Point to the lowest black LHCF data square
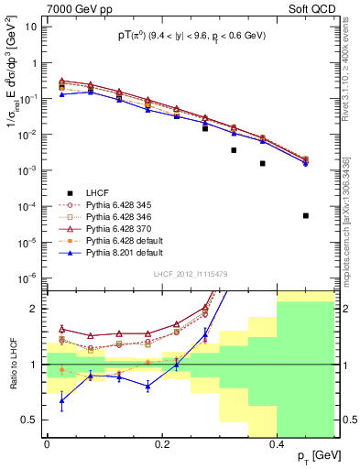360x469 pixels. [306, 215]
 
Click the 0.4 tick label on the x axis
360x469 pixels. [276, 444]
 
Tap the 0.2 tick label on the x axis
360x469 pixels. [161, 444]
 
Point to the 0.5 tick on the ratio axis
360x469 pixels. [34, 420]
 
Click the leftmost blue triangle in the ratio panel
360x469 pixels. [61, 399]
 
